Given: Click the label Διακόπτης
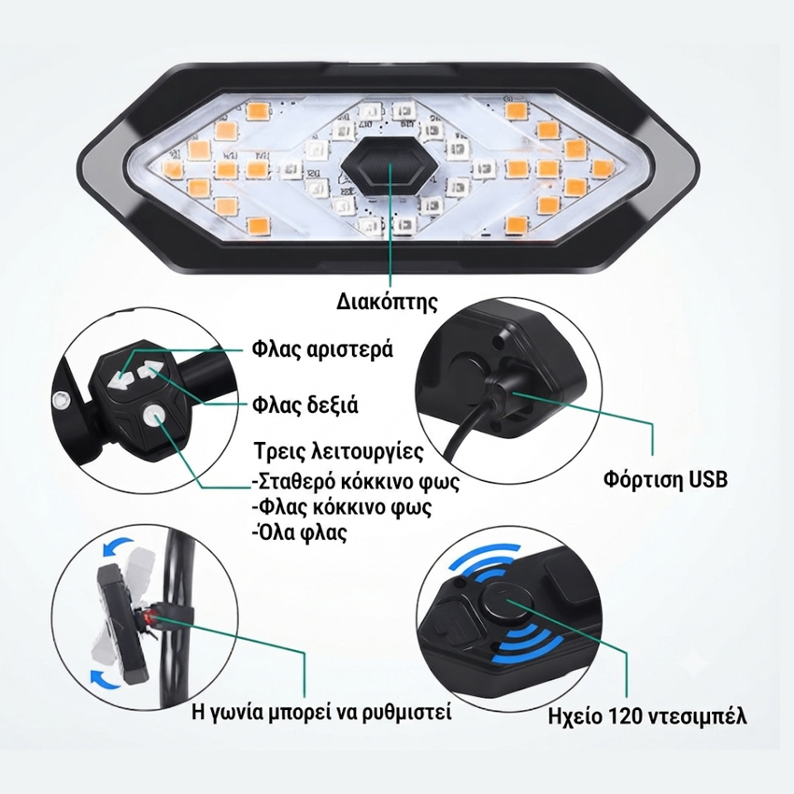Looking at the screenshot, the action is pyautogui.click(x=388, y=303).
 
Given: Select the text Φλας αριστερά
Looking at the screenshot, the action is pyautogui.click(x=322, y=350).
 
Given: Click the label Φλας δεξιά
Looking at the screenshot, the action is pyautogui.click(x=305, y=405).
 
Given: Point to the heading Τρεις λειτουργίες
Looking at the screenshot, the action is pyautogui.click(x=339, y=452).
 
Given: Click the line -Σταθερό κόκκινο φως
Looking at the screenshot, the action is pyautogui.click(x=356, y=482).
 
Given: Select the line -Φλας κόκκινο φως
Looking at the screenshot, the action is pyautogui.click(x=342, y=507).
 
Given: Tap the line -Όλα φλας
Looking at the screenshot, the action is pyautogui.click(x=300, y=532).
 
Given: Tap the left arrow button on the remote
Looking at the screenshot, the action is pyautogui.click(x=119, y=378).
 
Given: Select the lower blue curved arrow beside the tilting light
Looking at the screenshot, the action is pyautogui.click(x=106, y=677).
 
